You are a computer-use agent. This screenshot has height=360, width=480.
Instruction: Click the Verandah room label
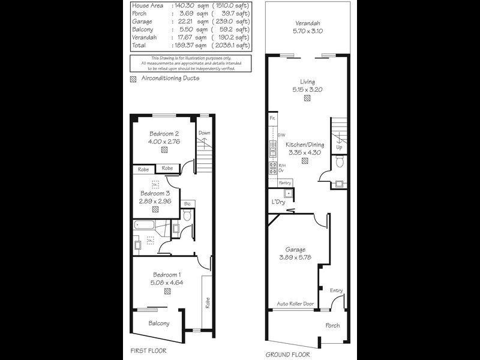pyautogui.click(x=307, y=24)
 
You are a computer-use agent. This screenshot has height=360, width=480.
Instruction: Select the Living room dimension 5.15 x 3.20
pyautogui.click(x=307, y=89)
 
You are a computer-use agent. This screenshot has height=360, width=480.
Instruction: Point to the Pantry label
pyautogui.click(x=286, y=183)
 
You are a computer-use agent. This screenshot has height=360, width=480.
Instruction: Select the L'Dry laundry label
pyautogui.click(x=278, y=202)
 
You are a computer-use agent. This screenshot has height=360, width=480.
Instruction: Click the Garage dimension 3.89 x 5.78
pyautogui.click(x=296, y=257)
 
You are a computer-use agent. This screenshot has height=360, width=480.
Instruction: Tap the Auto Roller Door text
pyautogui.click(x=295, y=304)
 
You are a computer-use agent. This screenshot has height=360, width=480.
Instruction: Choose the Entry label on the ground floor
pyautogui.click(x=337, y=291)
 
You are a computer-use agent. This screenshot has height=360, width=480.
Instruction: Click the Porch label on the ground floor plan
pyautogui.click(x=332, y=326)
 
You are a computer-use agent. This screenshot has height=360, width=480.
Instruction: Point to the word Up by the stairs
pyautogui.click(x=340, y=146)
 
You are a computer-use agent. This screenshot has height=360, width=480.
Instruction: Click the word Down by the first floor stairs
pyautogui.click(x=205, y=133)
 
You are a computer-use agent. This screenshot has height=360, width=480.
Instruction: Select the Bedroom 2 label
pyautogui.click(x=164, y=134)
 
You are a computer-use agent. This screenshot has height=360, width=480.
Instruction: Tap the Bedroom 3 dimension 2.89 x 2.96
pyautogui.click(x=156, y=202)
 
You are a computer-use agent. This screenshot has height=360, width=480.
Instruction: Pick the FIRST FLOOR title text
pyautogui.click(x=148, y=350)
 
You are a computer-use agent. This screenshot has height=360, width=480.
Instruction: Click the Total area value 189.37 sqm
pyautogui.click(x=191, y=44)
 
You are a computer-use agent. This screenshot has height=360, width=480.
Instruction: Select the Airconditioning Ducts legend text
pyautogui.click(x=170, y=79)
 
